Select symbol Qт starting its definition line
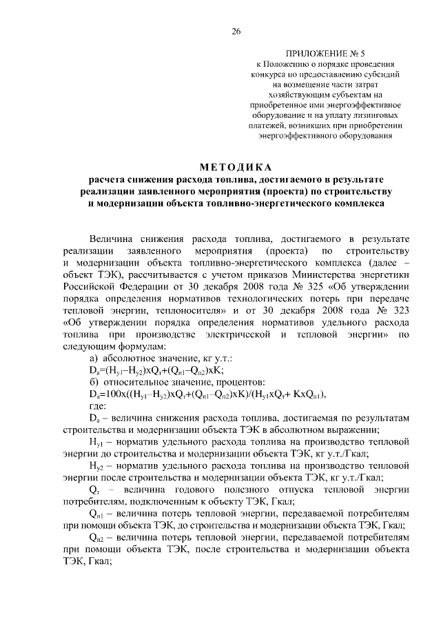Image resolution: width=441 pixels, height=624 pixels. (x=96, y=489)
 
